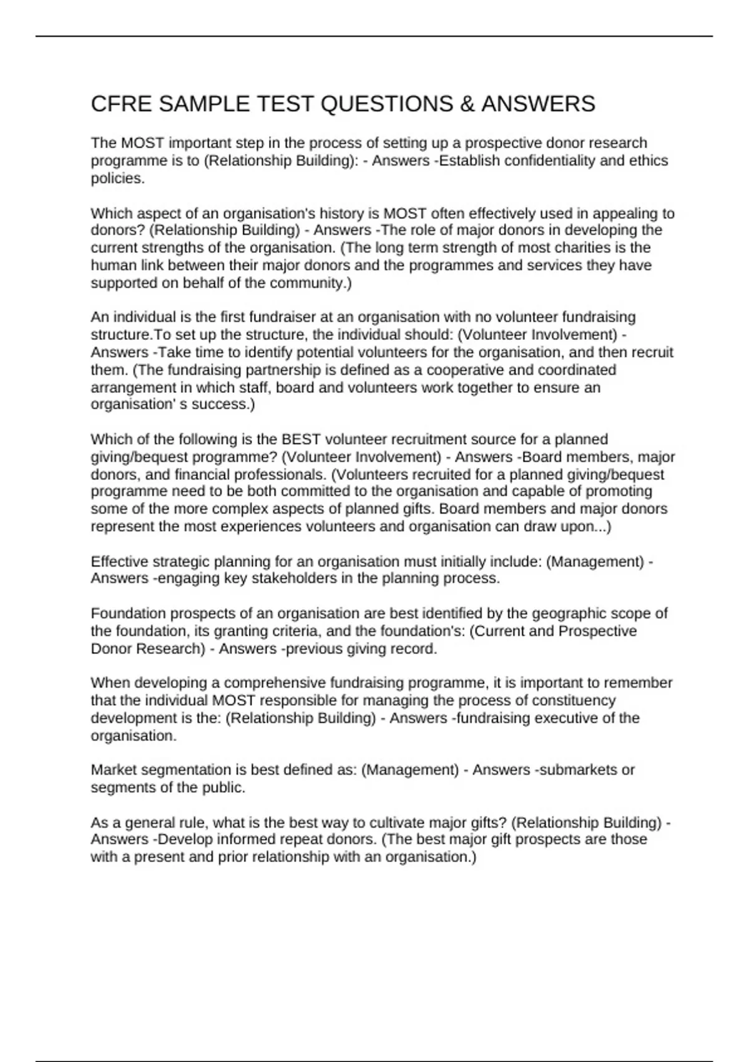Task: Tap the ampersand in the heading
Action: coord(467,104)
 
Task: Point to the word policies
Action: coord(117,178)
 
